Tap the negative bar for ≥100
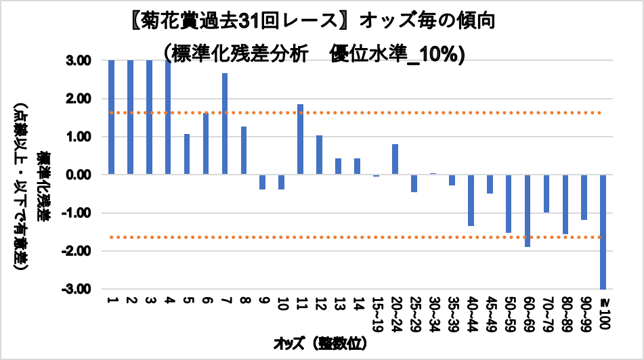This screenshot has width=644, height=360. point(603,232)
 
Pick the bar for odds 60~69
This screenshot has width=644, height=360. point(527,210)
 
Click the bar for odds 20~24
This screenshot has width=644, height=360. point(395,160)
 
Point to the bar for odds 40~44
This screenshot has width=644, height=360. point(471,200)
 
